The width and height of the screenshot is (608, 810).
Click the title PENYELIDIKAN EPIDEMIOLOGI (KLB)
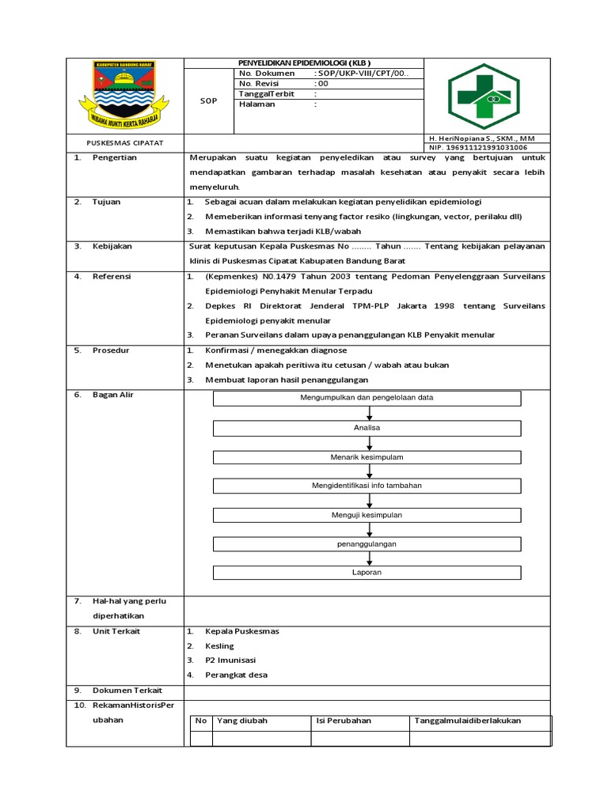(x=304, y=62)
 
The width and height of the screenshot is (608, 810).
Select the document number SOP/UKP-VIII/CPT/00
(x=362, y=73)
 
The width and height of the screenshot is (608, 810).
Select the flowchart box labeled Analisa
(x=367, y=428)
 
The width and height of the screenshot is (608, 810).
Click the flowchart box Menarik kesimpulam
(x=367, y=457)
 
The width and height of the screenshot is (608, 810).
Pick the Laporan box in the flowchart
(x=367, y=572)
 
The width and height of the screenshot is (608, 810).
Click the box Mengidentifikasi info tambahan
(x=367, y=486)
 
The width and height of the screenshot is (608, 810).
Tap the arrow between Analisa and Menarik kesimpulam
(x=370, y=443)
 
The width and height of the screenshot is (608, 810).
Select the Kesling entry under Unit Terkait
(x=219, y=645)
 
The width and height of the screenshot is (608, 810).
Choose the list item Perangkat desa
(x=236, y=675)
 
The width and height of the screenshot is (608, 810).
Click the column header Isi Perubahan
(x=344, y=721)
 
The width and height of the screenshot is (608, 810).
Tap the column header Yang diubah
(x=242, y=721)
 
